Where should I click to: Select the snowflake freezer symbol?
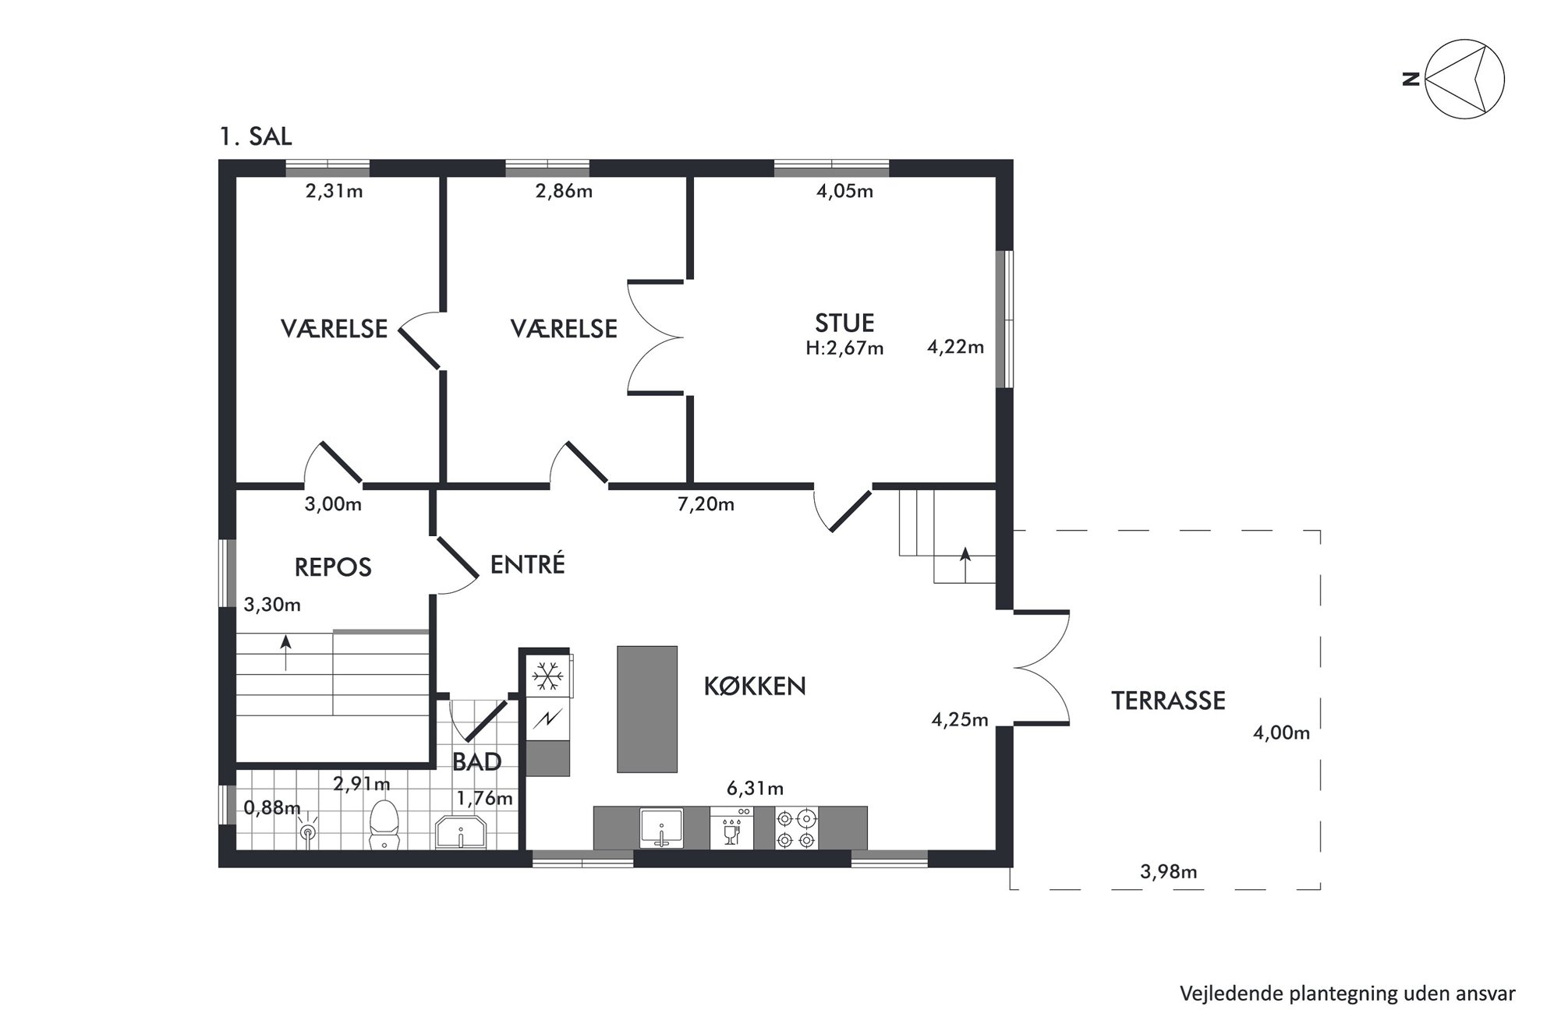[x=547, y=676]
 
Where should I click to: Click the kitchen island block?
[x=646, y=709]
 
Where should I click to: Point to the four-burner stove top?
[x=796, y=828]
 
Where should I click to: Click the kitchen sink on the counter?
[x=661, y=828]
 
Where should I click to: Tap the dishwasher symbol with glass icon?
[x=731, y=828]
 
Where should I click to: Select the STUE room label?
[x=844, y=323]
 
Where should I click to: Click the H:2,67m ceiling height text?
[x=844, y=348]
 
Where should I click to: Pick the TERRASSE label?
[x=1168, y=701]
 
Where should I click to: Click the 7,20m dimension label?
[x=706, y=504]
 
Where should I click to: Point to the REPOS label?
[x=333, y=567]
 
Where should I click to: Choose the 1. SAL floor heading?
[x=256, y=136]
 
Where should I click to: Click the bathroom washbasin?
[x=461, y=832]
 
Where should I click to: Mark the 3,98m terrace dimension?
[x=1168, y=871]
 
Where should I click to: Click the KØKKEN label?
[x=755, y=686]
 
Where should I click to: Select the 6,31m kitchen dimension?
[x=755, y=789]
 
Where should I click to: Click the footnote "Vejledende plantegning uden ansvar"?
[x=1347, y=994]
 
